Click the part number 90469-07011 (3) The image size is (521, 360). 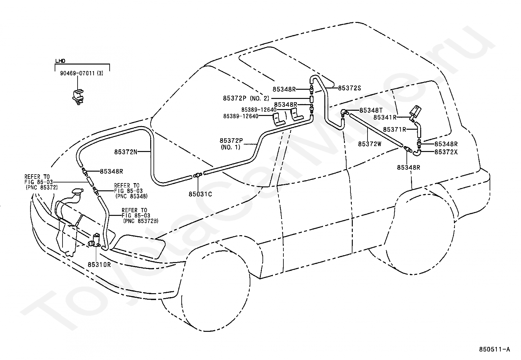[x=81, y=73]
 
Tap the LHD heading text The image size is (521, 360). [x=60, y=61]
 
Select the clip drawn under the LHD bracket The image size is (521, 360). [x=78, y=97]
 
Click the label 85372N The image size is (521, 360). [x=126, y=152]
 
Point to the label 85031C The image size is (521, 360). [x=200, y=194]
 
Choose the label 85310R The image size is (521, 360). [x=99, y=265]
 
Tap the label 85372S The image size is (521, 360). [x=349, y=88]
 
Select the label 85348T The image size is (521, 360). [x=371, y=110]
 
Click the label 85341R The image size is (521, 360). [x=385, y=117]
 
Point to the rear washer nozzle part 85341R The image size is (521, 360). [x=416, y=114]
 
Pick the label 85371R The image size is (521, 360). [x=395, y=129]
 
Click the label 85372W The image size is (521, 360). [x=370, y=144]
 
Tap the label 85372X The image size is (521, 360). [x=446, y=152]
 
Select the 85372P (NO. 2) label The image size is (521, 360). [x=246, y=98]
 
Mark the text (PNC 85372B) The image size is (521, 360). [x=141, y=221]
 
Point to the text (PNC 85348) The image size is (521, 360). [x=132, y=196]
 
